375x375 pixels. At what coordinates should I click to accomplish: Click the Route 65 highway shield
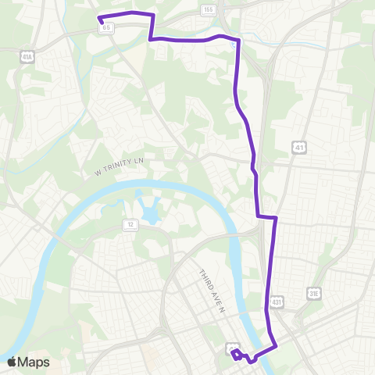[106, 27]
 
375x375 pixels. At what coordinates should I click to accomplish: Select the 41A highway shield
[27, 56]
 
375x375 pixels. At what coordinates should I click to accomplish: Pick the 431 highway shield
[277, 302]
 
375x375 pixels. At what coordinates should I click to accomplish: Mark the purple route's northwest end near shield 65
[98, 18]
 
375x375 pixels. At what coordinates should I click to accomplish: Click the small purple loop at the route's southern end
[236, 355]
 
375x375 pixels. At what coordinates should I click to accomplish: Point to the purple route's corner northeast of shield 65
[152, 15]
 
